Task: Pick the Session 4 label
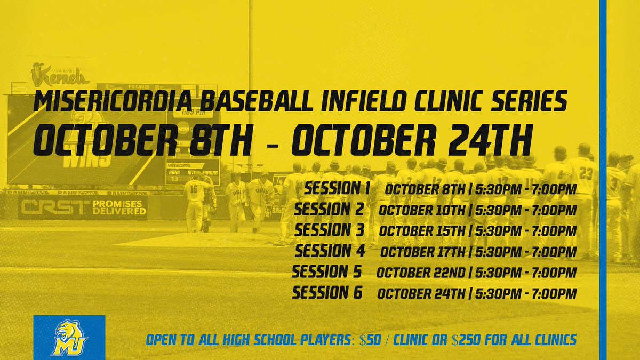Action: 329,251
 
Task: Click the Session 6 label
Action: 327,292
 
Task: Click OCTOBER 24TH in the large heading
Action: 411,139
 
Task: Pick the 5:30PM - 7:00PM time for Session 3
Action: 525,231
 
